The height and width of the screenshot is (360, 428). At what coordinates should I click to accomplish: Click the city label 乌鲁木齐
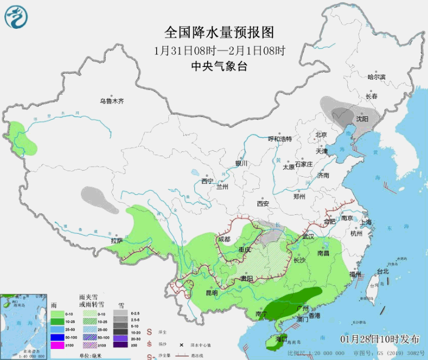pyautogui.click(x=112, y=101)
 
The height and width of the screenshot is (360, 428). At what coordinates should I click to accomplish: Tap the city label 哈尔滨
pyautogui.click(x=377, y=77)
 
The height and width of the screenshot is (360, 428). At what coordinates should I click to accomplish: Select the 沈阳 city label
pyautogui.click(x=362, y=119)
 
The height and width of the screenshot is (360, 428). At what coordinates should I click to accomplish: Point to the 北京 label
pyautogui.click(x=322, y=135)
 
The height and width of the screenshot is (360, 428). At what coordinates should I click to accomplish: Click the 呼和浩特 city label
pyautogui.click(x=280, y=138)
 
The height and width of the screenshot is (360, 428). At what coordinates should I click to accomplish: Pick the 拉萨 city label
pyautogui.click(x=116, y=241)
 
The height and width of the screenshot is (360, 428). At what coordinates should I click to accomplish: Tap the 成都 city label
pyautogui.click(x=224, y=239)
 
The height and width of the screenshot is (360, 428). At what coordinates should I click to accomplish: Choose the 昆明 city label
pyautogui.click(x=212, y=292)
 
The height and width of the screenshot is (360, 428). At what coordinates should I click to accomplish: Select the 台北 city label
pyautogui.click(x=383, y=271)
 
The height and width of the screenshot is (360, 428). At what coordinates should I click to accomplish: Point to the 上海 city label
pyautogui.click(x=365, y=222)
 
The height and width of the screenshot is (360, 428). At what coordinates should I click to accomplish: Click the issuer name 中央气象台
pyautogui.click(x=219, y=65)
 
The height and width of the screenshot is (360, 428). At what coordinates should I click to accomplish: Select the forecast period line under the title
pyautogui.click(x=219, y=49)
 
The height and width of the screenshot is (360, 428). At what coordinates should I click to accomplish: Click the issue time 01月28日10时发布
pyautogui.click(x=380, y=338)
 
